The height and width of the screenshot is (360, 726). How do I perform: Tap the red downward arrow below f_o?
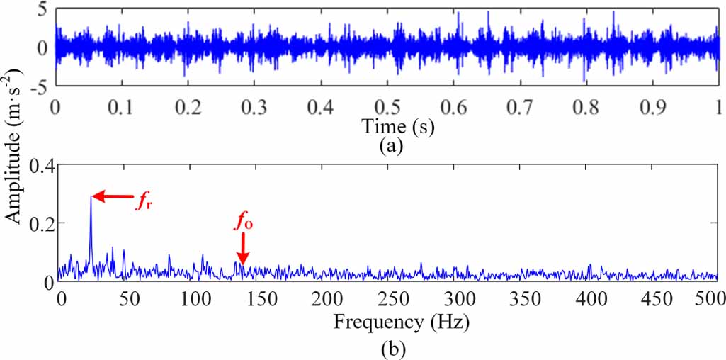coord(243,252)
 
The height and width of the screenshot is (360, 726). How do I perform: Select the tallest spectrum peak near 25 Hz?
coord(91,198)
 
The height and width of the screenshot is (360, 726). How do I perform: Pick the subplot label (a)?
coord(392,147)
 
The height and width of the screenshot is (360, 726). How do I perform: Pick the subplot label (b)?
coord(392,349)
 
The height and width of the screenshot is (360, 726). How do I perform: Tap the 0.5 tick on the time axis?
coord(387,107)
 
